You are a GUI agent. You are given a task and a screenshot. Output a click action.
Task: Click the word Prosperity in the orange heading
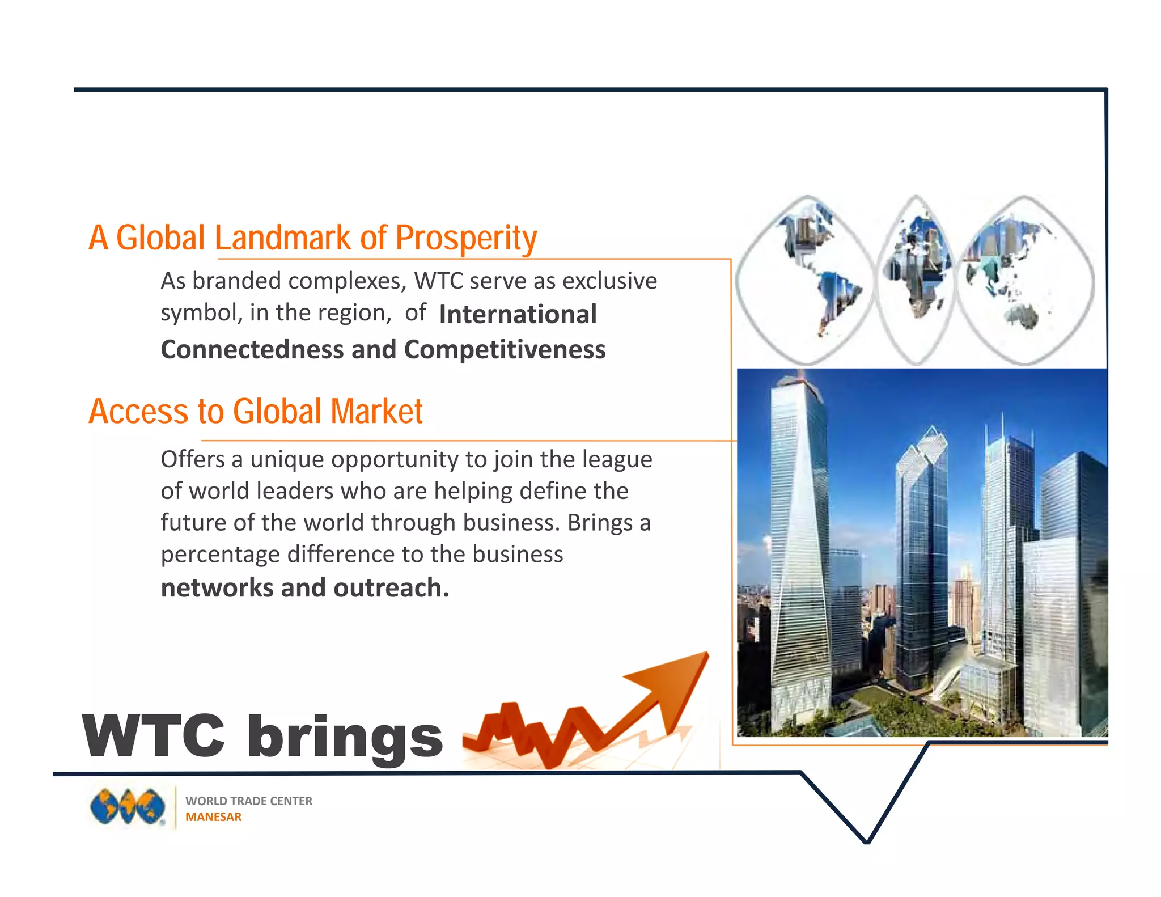[465, 238]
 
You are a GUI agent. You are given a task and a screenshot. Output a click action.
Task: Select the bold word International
[518, 314]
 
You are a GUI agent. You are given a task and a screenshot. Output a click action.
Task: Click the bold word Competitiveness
[505, 349]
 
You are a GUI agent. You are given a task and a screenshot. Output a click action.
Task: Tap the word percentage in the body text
[221, 555]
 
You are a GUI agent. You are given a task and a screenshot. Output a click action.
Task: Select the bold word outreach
[391, 588]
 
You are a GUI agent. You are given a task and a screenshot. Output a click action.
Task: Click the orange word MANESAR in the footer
[213, 817]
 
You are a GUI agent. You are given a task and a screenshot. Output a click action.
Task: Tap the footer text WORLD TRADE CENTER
[249, 801]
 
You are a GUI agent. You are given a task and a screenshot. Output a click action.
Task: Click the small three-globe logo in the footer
[128, 807]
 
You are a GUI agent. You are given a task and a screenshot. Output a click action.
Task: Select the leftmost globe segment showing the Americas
[806, 280]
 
